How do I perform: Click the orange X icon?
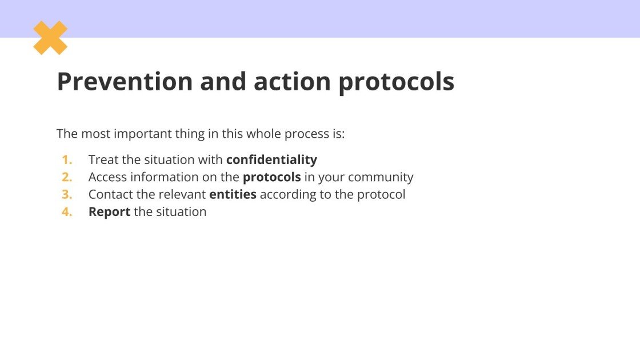point(50,38)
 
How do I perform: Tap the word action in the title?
point(292,82)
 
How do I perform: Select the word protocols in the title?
point(396,82)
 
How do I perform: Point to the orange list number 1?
point(67,160)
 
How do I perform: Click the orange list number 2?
point(67,177)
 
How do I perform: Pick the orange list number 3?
point(67,194)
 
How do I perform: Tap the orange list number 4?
point(67,211)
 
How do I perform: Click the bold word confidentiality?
point(271,159)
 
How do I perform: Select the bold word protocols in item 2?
point(271,177)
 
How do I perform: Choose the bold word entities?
point(233,194)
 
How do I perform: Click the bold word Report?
point(109,212)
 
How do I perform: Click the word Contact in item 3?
point(111,194)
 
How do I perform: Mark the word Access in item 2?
point(107,177)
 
